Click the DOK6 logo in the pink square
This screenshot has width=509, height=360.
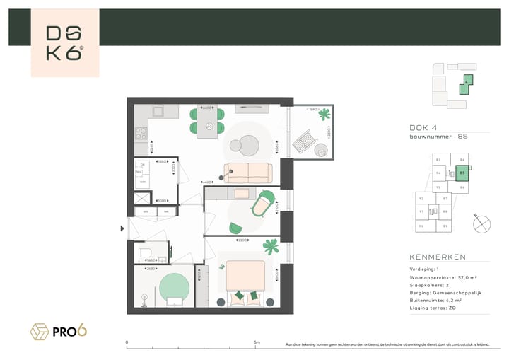point(65,43)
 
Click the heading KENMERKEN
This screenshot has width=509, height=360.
point(436,257)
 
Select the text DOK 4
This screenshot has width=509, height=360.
point(423,128)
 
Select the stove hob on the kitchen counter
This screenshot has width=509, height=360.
point(140,132)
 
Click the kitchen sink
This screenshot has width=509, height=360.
point(158,111)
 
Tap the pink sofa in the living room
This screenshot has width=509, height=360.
point(247,173)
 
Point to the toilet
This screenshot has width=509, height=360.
point(146,251)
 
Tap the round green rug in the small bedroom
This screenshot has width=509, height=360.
point(175,289)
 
